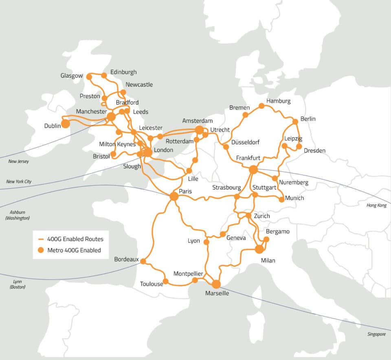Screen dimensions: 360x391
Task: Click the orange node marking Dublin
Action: (x=65, y=123)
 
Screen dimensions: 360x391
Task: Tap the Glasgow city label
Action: (x=71, y=76)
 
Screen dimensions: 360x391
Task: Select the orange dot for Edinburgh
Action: (x=104, y=75)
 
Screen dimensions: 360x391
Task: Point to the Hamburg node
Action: (x=261, y=106)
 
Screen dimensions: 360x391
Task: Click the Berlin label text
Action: (x=308, y=119)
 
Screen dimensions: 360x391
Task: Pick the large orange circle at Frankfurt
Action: (x=253, y=169)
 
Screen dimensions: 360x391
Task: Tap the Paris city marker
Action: (x=174, y=196)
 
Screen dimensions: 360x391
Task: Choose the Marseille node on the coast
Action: (x=216, y=284)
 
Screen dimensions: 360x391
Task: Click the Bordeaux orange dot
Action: (x=143, y=261)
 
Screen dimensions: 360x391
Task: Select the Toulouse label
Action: (x=151, y=284)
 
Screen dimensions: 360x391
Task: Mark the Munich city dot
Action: (x=281, y=200)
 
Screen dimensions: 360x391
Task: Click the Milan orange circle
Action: (x=259, y=249)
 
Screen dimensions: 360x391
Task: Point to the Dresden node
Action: (x=299, y=146)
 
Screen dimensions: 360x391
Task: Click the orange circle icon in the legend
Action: (x=40, y=250)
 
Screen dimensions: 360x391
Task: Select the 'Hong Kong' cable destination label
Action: (x=376, y=206)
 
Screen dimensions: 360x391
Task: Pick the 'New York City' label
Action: (x=19, y=182)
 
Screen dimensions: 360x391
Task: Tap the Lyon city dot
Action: (x=206, y=242)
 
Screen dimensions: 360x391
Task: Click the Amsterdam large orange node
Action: (x=199, y=130)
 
